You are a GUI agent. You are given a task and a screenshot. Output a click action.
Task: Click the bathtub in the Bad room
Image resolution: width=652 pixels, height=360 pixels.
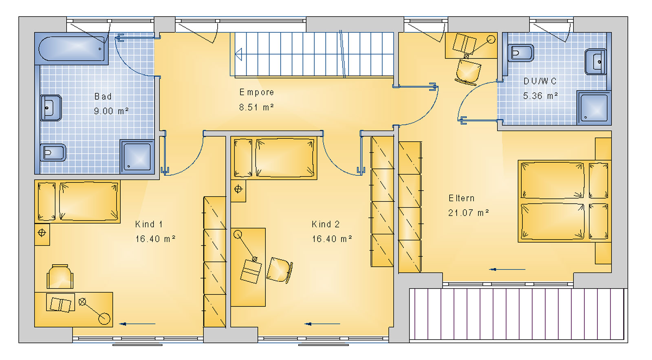(x=72, y=49)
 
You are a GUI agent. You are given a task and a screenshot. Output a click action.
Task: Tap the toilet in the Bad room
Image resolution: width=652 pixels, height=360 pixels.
(x=53, y=152)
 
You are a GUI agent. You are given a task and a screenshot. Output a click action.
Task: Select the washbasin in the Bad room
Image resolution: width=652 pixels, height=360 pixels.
(x=51, y=108)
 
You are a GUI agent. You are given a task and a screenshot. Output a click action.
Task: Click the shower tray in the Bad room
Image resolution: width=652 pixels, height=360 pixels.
(x=137, y=157)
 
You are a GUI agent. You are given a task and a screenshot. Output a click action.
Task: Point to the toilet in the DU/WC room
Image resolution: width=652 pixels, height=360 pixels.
(x=521, y=53)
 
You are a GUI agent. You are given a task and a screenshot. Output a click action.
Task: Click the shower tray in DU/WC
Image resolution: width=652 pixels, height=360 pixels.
(x=594, y=108)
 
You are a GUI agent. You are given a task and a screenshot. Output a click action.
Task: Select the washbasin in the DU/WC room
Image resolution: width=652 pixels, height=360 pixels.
(x=596, y=62)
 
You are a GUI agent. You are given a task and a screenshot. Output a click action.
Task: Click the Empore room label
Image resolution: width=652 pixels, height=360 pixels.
(x=256, y=92)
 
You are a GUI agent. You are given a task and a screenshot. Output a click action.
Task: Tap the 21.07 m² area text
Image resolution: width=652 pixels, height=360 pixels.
(x=468, y=213)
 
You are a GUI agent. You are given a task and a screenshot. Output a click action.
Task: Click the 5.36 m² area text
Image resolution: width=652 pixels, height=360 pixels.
(x=540, y=95)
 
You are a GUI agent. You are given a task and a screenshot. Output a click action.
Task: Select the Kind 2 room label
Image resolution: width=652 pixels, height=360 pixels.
(x=326, y=224)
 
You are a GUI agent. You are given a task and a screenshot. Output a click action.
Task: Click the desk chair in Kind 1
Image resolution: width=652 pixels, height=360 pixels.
(x=60, y=276)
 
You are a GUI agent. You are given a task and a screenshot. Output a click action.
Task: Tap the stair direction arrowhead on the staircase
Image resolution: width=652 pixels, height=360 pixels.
(x=238, y=55)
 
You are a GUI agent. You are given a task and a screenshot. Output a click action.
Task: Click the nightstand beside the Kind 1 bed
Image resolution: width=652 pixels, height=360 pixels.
(x=42, y=234)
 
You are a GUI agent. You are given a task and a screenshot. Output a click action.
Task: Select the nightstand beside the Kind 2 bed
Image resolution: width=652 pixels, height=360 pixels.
(x=238, y=190)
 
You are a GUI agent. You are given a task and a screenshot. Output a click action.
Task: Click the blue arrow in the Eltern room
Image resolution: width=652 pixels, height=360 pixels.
(x=507, y=269)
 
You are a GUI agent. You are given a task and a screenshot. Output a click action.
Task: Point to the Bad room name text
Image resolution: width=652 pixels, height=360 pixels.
(x=103, y=96)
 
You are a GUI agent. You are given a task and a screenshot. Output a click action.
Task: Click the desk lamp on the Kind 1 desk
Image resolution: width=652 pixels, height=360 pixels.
(x=96, y=311)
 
